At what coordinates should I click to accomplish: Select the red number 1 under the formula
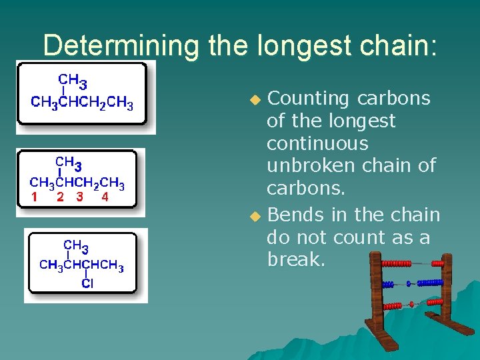[x=33, y=197]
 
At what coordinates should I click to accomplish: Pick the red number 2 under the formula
[x=60, y=197]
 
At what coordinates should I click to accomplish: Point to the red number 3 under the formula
[x=80, y=197]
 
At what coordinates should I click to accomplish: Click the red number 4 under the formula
[x=105, y=197]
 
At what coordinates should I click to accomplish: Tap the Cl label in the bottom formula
[x=87, y=283]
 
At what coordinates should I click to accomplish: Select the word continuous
[x=317, y=143]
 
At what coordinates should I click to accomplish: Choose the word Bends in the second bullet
[x=295, y=215]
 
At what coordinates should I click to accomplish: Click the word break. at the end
[x=295, y=259]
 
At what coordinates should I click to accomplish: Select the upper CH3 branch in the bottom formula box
[x=75, y=247]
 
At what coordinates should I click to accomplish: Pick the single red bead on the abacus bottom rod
[x=411, y=304]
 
